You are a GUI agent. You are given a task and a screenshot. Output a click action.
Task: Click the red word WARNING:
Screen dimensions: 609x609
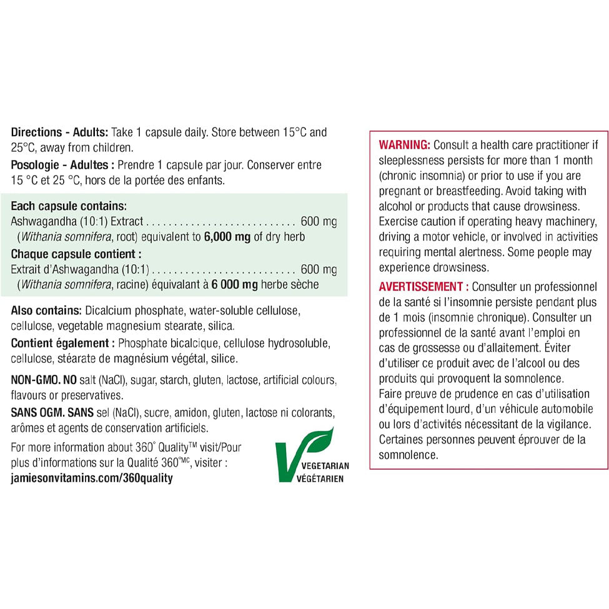coord(405,145)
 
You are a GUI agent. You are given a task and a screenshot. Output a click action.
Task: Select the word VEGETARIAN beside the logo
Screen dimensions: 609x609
coord(325,466)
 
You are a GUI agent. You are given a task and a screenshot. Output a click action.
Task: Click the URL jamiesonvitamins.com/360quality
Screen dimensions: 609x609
coord(92,478)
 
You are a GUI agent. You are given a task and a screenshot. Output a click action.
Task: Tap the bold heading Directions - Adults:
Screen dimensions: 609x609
coord(60,132)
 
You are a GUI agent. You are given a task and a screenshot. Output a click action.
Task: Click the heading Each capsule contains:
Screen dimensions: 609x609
coord(69,205)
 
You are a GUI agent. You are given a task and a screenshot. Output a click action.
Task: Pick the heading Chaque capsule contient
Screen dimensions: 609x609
coord(76,254)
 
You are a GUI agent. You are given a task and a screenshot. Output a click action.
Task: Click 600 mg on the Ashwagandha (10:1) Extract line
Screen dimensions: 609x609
coord(319,221)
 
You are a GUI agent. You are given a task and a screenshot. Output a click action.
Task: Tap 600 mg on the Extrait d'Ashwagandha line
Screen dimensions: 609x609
coord(319,270)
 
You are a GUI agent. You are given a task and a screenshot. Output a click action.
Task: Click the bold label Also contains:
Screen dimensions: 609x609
coord(46,310)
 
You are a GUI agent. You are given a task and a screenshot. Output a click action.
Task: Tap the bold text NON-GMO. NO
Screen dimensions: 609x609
coord(44,380)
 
